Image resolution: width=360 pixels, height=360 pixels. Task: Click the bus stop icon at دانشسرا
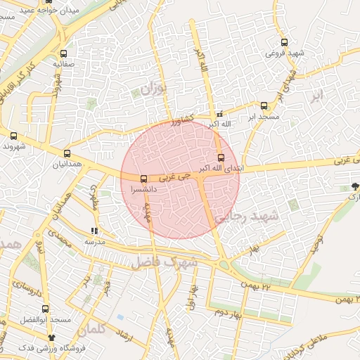click(143, 179)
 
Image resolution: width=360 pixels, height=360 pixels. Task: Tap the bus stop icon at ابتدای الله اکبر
click(221, 157)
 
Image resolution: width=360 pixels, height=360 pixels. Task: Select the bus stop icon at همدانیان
click(67, 153)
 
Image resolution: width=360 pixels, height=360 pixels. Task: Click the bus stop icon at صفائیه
click(64, 53)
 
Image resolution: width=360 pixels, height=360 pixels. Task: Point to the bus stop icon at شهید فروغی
click(284, 42)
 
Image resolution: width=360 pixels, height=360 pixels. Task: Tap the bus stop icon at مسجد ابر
click(264, 105)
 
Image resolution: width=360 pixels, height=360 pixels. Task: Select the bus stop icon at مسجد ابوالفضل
click(45, 309)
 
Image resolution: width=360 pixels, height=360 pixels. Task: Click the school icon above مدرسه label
click(95, 231)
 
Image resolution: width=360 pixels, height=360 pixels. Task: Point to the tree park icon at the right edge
click(355, 186)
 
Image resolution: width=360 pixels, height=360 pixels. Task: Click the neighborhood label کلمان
click(91, 328)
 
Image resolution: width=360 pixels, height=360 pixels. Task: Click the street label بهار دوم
click(228, 311)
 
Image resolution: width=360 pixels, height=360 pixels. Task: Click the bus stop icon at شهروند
click(13, 136)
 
